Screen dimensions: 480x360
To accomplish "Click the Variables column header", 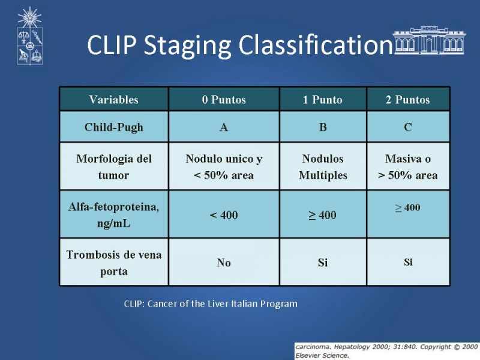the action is point(114,100).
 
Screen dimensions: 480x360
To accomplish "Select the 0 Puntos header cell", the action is point(224,100).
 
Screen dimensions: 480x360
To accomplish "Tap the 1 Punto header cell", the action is point(323,100).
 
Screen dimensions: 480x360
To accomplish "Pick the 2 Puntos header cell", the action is point(408,100).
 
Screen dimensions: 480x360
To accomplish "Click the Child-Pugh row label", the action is point(114,127).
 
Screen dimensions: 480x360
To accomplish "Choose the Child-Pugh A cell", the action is point(224,127).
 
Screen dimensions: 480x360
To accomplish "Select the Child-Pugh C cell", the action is point(408,127).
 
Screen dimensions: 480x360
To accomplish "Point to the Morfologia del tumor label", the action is point(114,167).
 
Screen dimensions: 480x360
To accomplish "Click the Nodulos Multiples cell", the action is point(323,167).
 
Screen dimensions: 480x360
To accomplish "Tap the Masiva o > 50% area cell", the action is point(408,167).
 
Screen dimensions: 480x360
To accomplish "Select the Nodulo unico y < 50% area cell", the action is point(224,167).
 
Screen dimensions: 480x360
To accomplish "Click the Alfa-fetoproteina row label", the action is point(114,215).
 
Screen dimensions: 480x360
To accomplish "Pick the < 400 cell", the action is point(224,215).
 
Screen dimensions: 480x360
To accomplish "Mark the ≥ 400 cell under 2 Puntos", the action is point(408,214).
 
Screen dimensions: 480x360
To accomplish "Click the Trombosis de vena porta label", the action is point(114,262).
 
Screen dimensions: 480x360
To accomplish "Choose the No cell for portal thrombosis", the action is point(224,262).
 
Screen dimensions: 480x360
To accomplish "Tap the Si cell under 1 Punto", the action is point(323,262).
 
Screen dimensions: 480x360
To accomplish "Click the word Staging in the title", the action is point(187,46).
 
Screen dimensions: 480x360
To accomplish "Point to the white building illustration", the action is point(429,40).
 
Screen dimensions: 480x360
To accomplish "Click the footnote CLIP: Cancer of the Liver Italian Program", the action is point(211,304).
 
